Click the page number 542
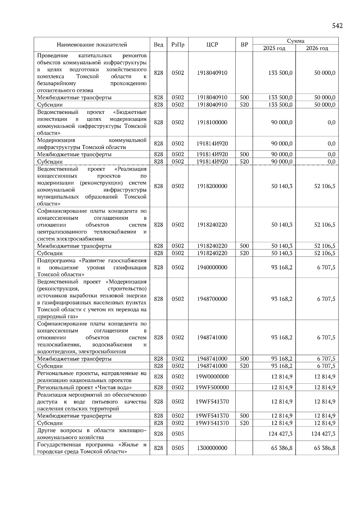(x=337, y=26)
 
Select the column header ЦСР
(x=212, y=45)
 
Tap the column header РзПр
(x=178, y=45)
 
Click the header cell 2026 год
(x=317, y=48)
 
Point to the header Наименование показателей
(x=92, y=45)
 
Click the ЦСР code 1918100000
(x=212, y=122)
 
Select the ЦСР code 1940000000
(x=212, y=267)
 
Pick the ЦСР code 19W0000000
(x=212, y=377)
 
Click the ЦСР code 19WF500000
(x=212, y=387)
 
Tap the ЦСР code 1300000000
(x=212, y=448)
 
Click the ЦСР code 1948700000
(x=212, y=299)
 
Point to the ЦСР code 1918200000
(x=212, y=186)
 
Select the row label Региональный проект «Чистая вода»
(x=85, y=387)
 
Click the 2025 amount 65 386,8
(x=282, y=448)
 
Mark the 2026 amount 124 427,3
(x=323, y=434)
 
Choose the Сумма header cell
(x=295, y=41)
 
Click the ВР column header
(x=244, y=45)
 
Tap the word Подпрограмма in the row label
(x=56, y=260)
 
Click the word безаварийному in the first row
(x=57, y=83)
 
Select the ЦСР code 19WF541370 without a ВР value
(x=212, y=402)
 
